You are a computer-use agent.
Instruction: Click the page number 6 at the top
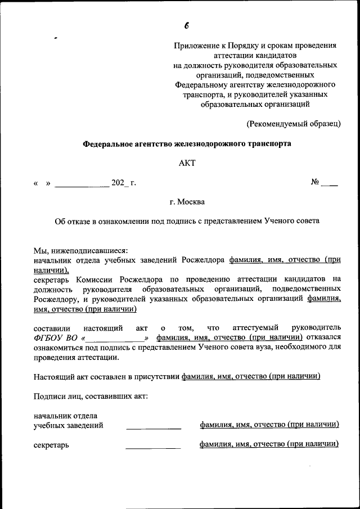[186, 26]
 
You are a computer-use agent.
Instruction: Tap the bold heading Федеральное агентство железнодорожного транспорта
[187, 144]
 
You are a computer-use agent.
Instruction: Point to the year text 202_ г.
[124, 183]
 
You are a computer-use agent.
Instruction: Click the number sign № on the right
[316, 182]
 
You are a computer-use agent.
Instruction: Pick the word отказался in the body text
[324, 337]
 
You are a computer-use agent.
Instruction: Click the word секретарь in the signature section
[51, 445]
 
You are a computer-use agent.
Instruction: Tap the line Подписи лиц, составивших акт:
[91, 396]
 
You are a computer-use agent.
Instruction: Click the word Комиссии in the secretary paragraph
[96, 279]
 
